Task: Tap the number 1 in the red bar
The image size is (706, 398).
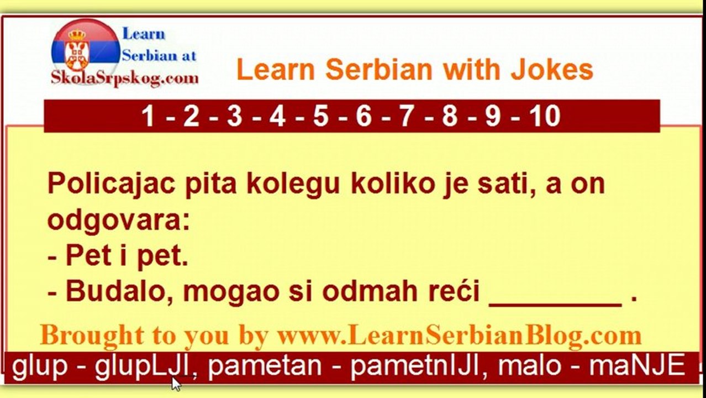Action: tap(147, 117)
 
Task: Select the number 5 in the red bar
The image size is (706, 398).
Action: tap(320, 117)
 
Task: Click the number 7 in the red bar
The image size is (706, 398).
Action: tap(407, 117)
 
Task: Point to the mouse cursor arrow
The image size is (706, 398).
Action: tap(176, 383)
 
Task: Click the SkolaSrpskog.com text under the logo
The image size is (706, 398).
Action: tap(124, 78)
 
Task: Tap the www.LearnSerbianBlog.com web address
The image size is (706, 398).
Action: tap(459, 336)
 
